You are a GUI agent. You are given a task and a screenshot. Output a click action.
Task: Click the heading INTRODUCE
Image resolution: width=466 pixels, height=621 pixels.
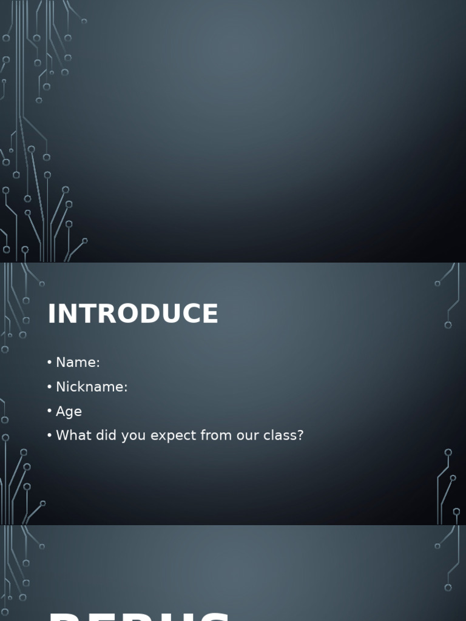tap(133, 314)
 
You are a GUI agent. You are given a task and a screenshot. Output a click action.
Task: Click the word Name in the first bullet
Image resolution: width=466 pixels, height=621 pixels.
tap(75, 363)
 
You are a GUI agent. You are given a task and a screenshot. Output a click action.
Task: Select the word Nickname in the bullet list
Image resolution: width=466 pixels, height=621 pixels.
tap(89, 387)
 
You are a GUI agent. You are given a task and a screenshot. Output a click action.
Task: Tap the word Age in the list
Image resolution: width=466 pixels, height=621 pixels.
tap(69, 412)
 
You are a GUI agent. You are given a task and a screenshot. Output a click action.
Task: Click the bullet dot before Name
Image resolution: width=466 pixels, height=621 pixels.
tap(49, 363)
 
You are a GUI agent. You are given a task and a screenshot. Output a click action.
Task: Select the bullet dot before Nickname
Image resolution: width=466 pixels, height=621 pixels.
tap(49, 387)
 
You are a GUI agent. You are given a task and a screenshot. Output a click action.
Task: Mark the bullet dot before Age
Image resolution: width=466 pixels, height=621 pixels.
tap(49, 411)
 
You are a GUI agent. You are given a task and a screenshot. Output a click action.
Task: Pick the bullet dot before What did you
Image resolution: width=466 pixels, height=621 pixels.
tap(49, 435)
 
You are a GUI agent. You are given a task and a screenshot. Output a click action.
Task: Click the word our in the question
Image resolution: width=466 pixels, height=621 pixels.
tap(242, 436)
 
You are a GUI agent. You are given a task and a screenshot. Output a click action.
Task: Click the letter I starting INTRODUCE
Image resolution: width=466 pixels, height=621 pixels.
tap(52, 314)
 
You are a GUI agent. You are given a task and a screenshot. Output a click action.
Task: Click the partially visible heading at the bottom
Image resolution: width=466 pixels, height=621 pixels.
tap(140, 616)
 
